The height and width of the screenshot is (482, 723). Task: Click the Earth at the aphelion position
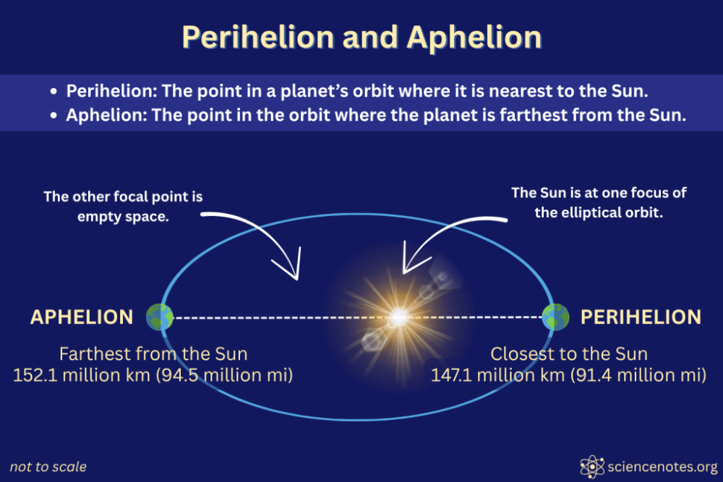point(160,317)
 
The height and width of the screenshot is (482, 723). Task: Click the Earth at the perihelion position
point(555,317)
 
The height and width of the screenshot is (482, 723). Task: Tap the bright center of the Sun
point(398,317)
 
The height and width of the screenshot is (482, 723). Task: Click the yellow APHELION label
point(82,317)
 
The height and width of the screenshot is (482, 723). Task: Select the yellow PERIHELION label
point(641,317)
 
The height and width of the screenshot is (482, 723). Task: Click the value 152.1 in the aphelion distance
point(35,375)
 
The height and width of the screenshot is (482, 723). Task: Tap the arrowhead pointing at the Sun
point(413,260)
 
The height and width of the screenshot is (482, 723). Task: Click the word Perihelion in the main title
point(258,38)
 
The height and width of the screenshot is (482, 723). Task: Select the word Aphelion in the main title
point(474,38)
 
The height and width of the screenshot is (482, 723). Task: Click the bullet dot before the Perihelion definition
point(54,91)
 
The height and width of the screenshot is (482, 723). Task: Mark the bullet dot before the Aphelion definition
point(54,115)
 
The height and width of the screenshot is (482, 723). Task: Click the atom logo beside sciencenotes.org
point(592,467)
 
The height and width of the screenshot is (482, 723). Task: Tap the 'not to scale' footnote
point(48,467)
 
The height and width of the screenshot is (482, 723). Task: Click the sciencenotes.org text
point(662,467)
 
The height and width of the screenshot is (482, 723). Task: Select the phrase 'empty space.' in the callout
point(123,217)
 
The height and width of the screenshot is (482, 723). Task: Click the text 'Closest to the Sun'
point(569,354)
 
